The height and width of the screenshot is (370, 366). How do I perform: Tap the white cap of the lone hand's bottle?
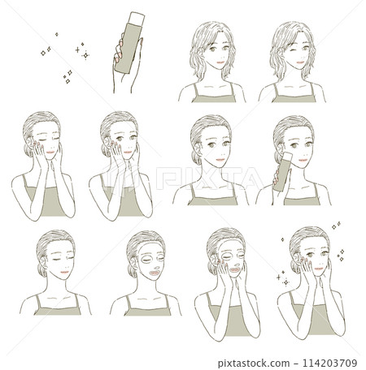click(139, 15)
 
